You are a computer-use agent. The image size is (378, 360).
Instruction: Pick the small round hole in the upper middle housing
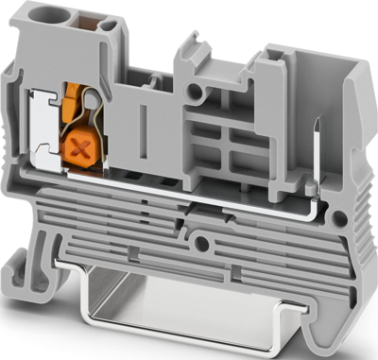coord(195,93)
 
